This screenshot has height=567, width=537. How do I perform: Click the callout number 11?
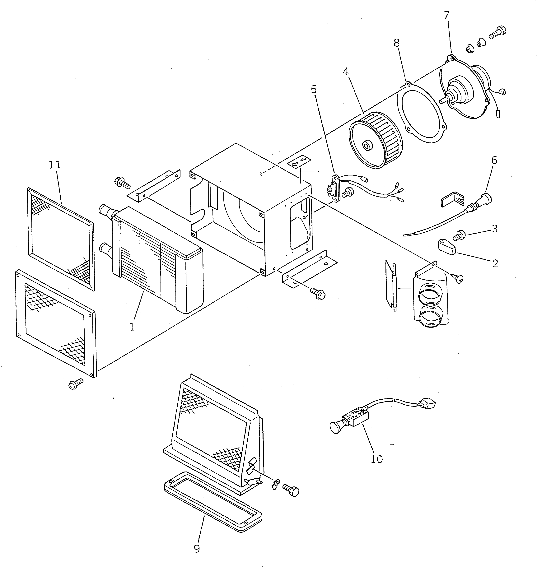[x=55, y=165]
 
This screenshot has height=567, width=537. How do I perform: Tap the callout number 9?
[x=197, y=548]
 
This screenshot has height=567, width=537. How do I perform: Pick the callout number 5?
[x=314, y=90]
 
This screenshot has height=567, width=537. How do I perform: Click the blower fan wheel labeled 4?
[x=376, y=140]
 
